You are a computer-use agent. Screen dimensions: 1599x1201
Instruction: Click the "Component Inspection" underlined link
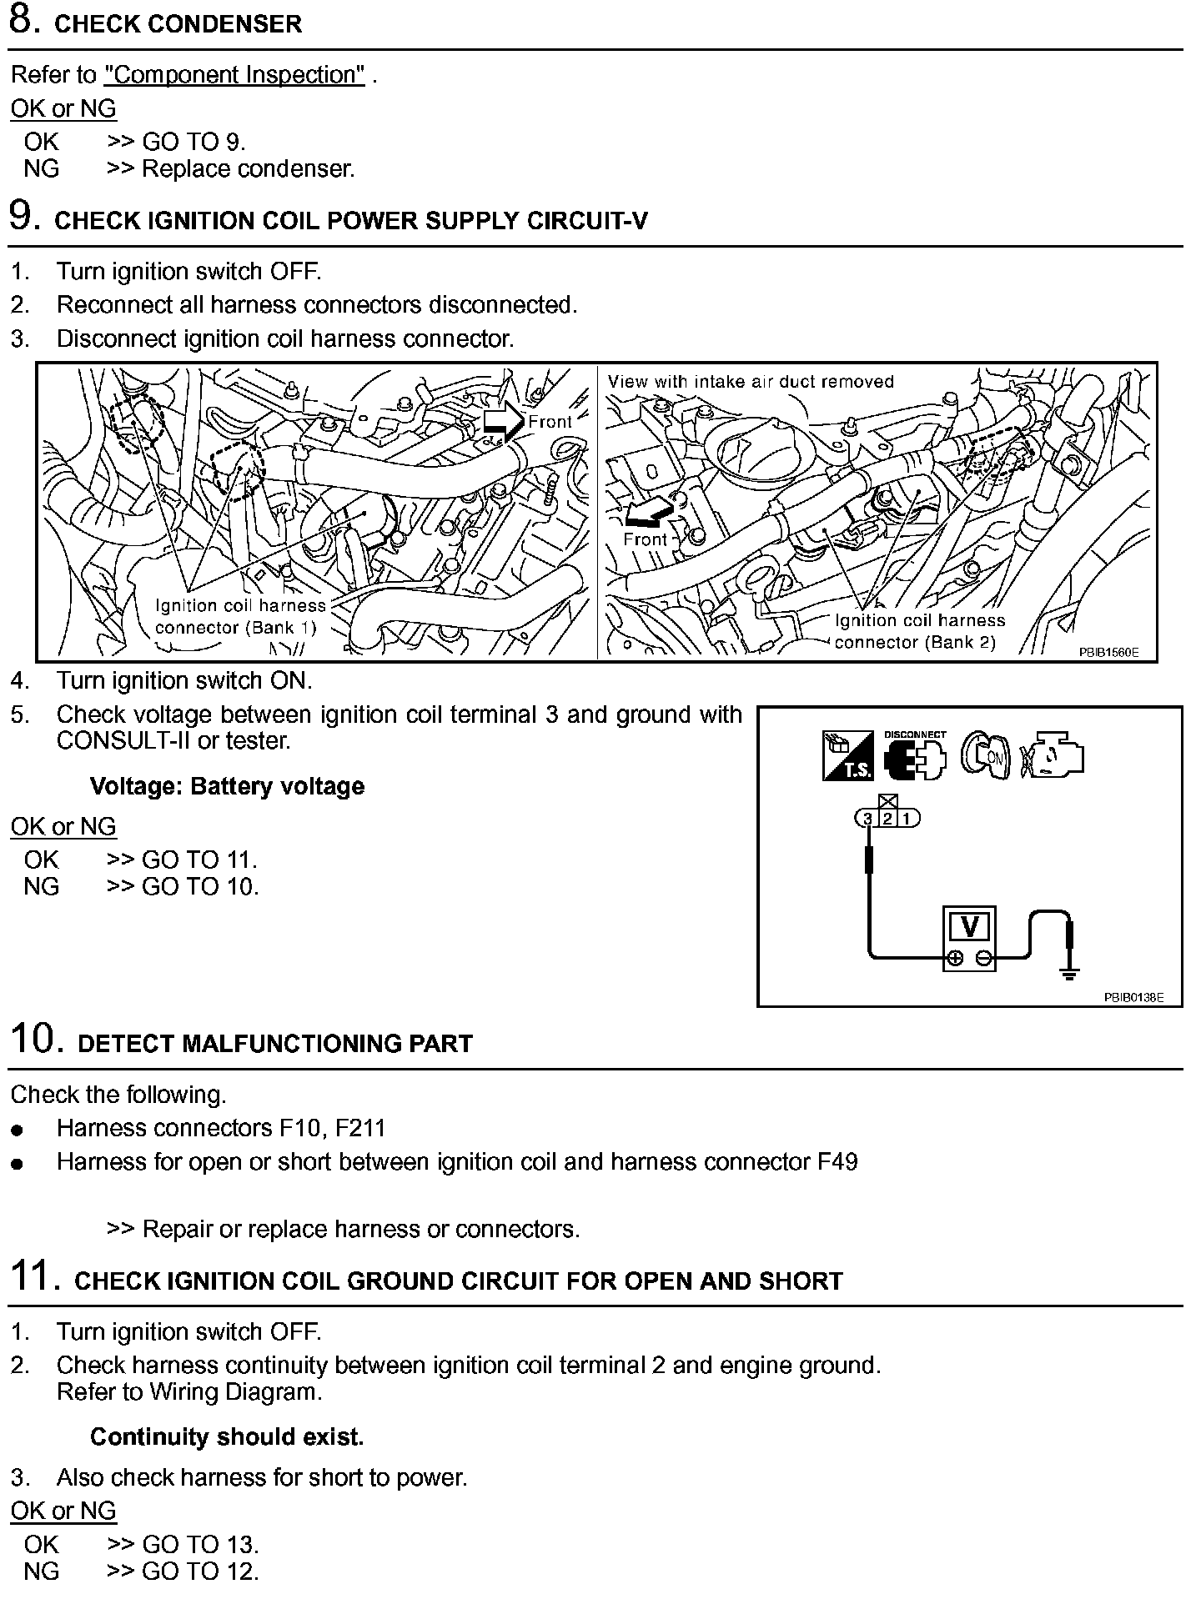234,75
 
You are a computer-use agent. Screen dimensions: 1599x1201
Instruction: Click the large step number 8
23,21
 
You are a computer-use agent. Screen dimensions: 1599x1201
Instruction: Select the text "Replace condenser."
248,169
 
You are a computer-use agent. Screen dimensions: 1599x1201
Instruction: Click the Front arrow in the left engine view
502,420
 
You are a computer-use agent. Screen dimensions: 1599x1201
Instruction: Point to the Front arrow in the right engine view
650,510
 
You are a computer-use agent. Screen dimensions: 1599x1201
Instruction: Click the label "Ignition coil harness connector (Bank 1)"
240,617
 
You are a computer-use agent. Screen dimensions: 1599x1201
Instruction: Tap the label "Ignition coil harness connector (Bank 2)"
919,631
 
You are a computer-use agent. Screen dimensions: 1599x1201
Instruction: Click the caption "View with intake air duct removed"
751,382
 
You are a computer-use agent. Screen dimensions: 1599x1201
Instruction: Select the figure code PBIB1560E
1108,653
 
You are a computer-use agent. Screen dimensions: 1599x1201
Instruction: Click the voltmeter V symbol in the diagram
969,926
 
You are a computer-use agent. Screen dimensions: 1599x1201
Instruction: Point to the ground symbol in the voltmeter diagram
1070,971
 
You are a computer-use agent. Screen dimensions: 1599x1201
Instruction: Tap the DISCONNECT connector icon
916,757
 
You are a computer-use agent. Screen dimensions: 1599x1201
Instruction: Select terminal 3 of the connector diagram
868,819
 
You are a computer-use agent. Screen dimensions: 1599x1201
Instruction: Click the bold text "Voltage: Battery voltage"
227,787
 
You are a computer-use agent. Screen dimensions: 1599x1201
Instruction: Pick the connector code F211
360,1129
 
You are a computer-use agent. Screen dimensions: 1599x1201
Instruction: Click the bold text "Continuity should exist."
227,1437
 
